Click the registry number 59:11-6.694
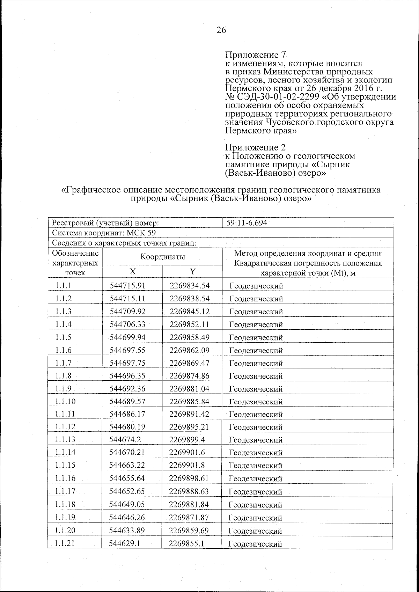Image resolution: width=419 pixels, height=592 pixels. click(247, 223)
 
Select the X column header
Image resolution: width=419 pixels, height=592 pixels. click(132, 272)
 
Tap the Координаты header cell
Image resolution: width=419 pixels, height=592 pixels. click(162, 257)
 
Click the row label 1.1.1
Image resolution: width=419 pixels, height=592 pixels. click(63, 286)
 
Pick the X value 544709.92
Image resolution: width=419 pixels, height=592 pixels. click(127, 311)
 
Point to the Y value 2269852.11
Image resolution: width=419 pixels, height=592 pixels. click(189, 324)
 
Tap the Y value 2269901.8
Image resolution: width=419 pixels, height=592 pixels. click(187, 465)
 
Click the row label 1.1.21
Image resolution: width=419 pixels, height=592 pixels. click(65, 543)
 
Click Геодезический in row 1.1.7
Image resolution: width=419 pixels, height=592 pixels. click(256, 364)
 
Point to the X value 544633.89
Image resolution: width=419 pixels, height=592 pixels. click(127, 531)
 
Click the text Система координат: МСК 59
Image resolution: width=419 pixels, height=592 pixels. click(106, 233)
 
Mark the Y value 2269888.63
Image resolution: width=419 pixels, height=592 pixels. click(189, 491)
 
